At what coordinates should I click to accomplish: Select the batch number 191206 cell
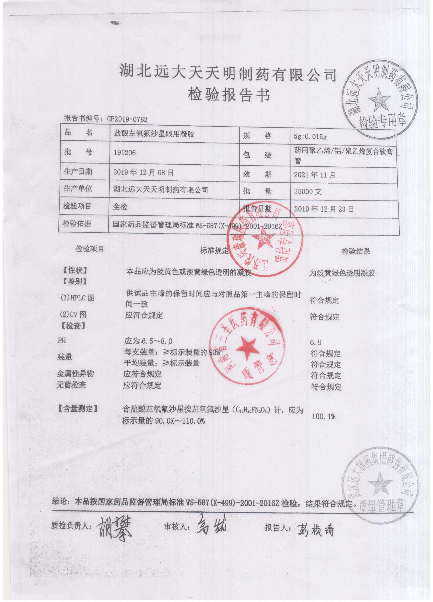coord(124,153)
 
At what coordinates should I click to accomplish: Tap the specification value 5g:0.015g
coord(310,137)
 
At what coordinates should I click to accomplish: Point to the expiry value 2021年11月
coord(315,175)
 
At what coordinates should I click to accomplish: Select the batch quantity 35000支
coord(308,191)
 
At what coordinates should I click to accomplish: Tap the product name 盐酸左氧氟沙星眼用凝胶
coord(154,134)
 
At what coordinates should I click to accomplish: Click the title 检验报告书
coord(229,95)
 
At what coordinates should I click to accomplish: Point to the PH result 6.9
coord(316,343)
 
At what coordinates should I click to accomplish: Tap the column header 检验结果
coord(355,251)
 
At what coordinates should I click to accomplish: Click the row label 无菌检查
coord(71,385)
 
